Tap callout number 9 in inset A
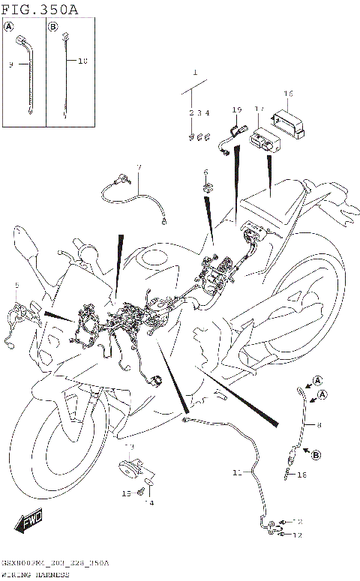(11, 65)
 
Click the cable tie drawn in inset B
(66, 75)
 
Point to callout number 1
(194, 74)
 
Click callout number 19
(236, 111)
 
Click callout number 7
(138, 166)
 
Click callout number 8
(318, 425)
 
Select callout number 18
(302, 475)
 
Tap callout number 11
(237, 473)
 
